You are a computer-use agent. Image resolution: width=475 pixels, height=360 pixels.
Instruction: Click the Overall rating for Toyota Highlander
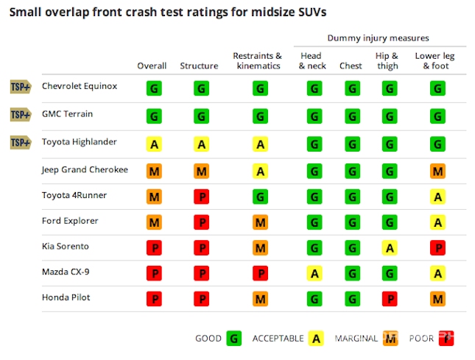point(154,144)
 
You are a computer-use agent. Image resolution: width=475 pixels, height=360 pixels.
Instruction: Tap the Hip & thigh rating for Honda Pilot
point(389,298)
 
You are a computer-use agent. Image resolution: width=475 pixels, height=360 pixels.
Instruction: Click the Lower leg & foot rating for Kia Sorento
point(437,248)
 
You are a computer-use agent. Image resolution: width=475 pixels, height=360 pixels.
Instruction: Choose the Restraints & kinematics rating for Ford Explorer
point(260,222)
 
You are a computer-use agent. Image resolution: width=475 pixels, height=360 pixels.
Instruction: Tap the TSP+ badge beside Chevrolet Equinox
point(21,88)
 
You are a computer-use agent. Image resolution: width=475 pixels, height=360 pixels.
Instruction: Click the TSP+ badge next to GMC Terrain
point(21,115)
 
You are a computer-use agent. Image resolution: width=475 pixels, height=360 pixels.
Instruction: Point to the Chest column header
point(351,66)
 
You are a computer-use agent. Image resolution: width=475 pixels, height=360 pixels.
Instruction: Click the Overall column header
point(152,66)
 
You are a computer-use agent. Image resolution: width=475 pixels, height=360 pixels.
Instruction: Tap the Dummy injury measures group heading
point(377,38)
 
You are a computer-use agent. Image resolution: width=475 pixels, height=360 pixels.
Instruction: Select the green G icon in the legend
point(234,338)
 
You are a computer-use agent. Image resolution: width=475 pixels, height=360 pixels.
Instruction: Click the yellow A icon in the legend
point(315,338)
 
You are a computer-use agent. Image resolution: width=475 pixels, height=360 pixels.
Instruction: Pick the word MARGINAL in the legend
point(356,339)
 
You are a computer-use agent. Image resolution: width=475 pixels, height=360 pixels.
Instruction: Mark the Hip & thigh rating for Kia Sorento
point(389,248)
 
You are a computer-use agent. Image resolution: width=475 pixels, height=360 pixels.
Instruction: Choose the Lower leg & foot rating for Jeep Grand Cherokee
point(437,171)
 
